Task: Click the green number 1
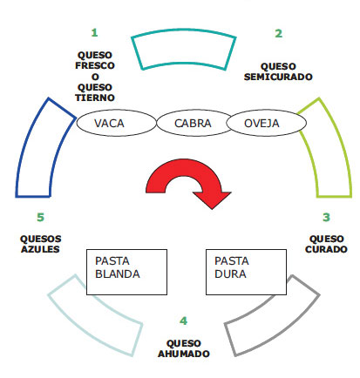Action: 94,32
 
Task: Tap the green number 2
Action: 278,33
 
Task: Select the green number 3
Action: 326,217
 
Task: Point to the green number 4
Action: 183,321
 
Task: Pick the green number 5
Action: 40,217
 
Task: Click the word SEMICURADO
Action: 278,77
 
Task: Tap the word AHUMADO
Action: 184,354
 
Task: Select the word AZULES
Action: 40,249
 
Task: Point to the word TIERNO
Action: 95,98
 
